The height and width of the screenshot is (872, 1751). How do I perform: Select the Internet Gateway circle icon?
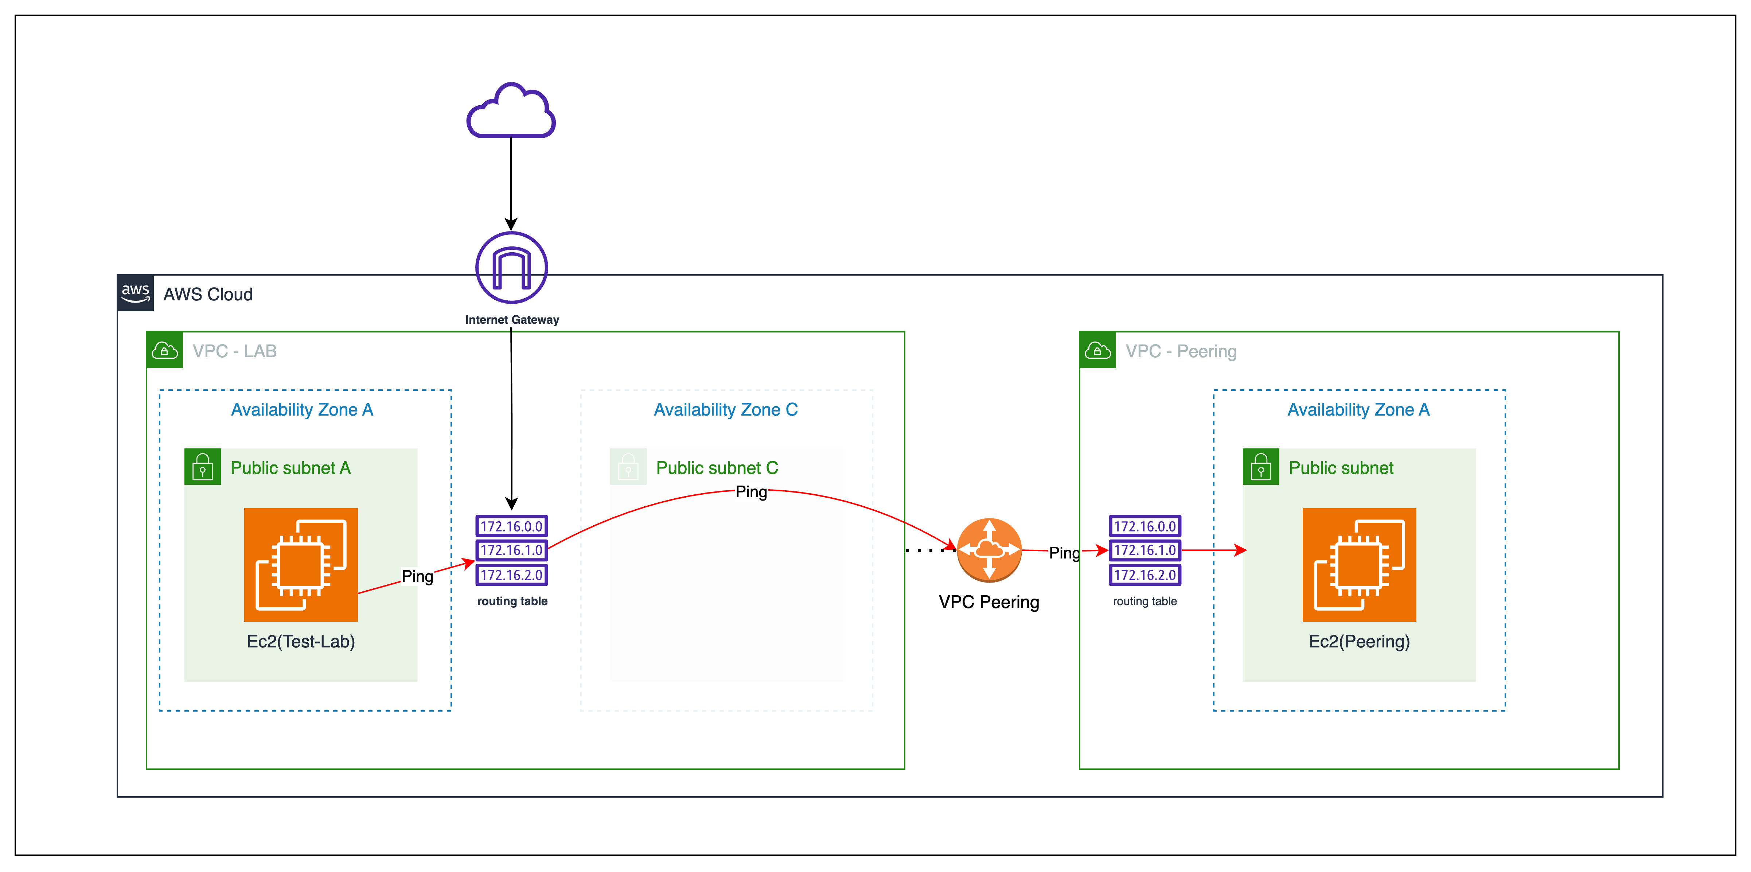(511, 268)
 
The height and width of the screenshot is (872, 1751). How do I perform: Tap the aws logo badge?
(135, 293)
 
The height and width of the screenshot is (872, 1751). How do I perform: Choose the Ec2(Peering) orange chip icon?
(1359, 565)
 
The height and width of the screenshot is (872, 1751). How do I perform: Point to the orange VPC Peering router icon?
(989, 550)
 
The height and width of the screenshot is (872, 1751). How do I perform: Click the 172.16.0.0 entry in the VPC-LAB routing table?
(511, 526)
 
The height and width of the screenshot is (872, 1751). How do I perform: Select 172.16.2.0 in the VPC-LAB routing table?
(511, 575)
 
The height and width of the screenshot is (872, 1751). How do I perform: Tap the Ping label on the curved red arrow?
(751, 491)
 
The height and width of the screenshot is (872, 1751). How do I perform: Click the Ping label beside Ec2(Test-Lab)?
(417, 576)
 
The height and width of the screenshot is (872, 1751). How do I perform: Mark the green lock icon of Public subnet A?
(203, 467)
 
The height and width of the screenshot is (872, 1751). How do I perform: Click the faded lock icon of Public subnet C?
(628, 467)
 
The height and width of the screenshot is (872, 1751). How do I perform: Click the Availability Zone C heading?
(725, 410)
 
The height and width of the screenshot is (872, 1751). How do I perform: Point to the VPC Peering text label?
(988, 602)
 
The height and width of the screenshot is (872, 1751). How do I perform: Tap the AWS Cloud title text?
(208, 294)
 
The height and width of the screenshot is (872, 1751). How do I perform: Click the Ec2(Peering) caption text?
(1359, 642)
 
